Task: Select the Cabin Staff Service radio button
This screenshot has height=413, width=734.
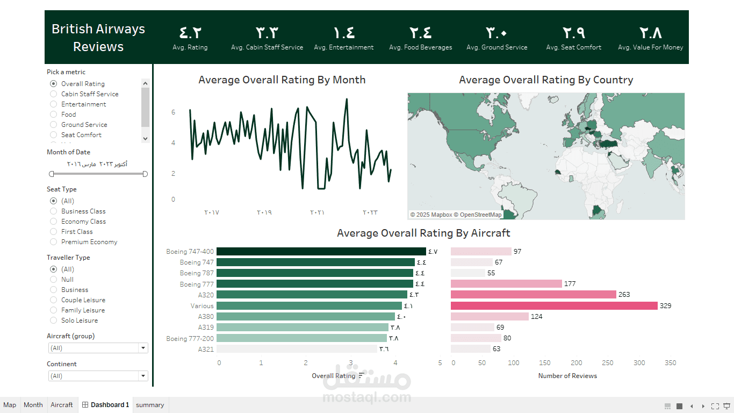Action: coord(53,94)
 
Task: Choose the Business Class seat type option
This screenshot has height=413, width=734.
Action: coord(53,211)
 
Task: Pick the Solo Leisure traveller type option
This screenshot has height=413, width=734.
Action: coord(53,320)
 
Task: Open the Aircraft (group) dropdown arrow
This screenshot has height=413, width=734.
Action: coord(143,348)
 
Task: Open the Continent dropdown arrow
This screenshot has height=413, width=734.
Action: coord(143,375)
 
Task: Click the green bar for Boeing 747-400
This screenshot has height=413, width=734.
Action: coord(321,251)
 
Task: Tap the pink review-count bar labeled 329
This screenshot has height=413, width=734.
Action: coord(554,306)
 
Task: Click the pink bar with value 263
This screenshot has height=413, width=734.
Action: coord(534,294)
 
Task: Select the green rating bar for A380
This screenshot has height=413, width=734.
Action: coord(306,317)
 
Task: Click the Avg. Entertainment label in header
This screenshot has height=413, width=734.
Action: coord(344,47)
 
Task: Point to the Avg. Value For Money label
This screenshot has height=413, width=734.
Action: coord(650,47)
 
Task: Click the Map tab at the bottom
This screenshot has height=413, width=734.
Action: coord(10,405)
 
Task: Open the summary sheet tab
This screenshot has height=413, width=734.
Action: coord(150,405)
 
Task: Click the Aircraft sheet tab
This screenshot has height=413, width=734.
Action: coord(62,405)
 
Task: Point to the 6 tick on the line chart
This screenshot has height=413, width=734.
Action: coord(173,112)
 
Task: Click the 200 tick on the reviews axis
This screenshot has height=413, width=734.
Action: coord(576,363)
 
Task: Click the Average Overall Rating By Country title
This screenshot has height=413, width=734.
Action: coord(546,80)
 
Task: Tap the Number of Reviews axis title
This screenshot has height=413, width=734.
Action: coord(567,375)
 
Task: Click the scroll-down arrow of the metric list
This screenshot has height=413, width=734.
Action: coord(146,138)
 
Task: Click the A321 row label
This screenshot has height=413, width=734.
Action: coord(206,349)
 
